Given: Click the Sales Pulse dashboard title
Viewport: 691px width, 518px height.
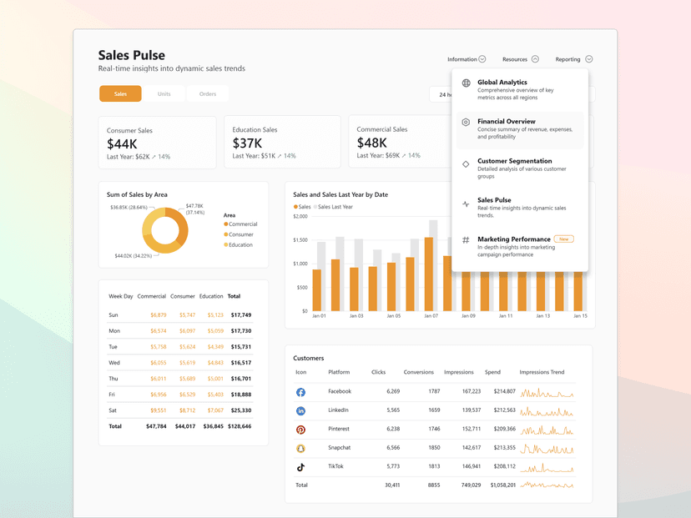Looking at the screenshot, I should pos(132,55).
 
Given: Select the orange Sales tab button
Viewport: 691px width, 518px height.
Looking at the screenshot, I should pos(120,94).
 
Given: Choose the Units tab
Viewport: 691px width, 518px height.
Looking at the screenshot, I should pos(164,94).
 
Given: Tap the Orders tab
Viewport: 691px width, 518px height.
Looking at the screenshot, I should pos(208,94).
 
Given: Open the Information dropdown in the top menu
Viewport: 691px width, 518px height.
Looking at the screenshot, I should pos(467,59).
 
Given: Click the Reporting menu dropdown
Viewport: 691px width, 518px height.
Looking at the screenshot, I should pos(573,59).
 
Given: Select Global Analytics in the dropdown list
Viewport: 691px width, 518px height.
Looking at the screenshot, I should pos(502,83).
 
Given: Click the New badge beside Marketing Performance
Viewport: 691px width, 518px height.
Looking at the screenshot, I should pos(564,239).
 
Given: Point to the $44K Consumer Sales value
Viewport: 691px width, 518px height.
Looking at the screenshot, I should pos(122,144).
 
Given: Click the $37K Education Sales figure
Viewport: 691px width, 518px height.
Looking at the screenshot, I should pos(247,144).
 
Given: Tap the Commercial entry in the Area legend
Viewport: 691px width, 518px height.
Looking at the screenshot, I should pos(242,224).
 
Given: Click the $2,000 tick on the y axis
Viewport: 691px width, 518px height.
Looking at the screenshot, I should pos(300,216).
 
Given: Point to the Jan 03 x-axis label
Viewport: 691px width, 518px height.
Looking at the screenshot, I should pos(356,316).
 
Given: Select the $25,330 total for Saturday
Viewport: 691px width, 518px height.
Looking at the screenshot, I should pos(240,410).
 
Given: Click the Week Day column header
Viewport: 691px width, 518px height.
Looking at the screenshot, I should pos(121,296).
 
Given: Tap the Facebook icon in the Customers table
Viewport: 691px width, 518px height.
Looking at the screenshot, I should pos(300,392).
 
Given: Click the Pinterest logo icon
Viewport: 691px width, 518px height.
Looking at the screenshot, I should pos(300,430).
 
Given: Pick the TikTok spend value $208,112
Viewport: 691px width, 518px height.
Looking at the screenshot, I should pos(504,467).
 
